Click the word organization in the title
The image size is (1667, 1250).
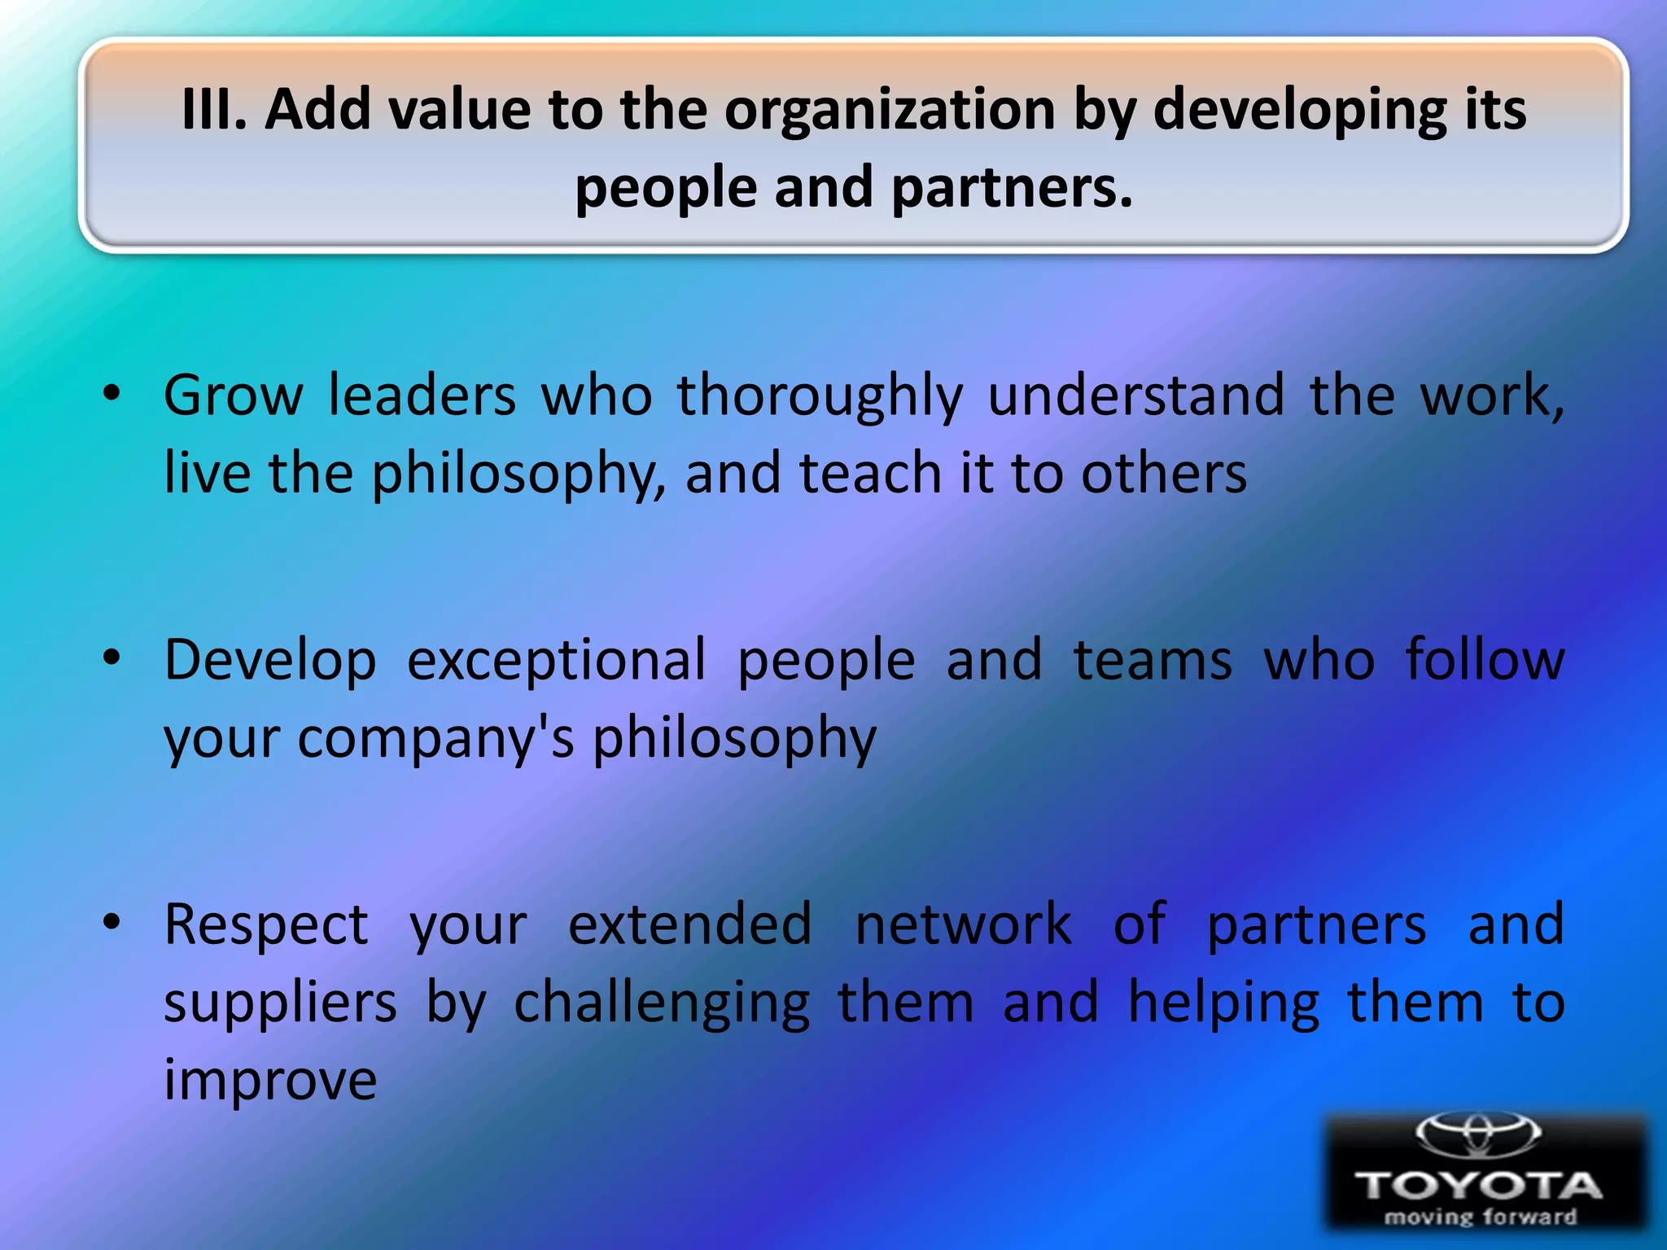click(x=890, y=111)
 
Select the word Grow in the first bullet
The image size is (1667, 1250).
click(x=234, y=396)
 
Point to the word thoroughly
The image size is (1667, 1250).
click(x=820, y=397)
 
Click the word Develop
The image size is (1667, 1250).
click(x=270, y=661)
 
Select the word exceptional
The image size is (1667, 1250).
click(x=557, y=661)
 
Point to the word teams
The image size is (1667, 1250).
click(x=1153, y=659)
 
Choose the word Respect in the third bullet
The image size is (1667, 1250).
click(x=266, y=925)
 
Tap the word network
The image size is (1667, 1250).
click(x=963, y=924)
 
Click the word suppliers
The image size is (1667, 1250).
click(x=280, y=1003)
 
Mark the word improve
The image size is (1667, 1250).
click(x=270, y=1082)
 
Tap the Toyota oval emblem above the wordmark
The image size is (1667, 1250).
click(x=1477, y=1134)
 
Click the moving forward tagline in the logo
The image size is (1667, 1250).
click(x=1480, y=1217)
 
